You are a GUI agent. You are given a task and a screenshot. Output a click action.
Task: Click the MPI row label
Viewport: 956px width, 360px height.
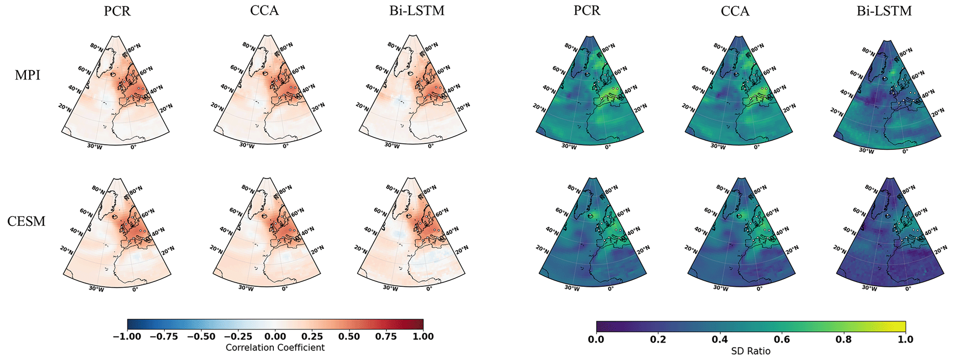(x=27, y=75)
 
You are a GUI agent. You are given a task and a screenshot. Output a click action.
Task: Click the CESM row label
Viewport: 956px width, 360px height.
(x=26, y=221)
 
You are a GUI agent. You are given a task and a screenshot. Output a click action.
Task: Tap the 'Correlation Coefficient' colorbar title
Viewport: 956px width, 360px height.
(x=275, y=347)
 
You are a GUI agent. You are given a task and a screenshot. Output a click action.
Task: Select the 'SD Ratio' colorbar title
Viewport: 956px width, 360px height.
(x=751, y=351)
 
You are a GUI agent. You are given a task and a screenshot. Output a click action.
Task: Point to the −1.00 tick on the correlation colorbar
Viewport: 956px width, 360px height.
(x=127, y=336)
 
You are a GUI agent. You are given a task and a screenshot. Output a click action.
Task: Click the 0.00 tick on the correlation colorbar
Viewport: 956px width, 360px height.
(x=275, y=336)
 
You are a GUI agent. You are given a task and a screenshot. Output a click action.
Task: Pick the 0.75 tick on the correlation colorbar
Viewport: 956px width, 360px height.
(x=386, y=336)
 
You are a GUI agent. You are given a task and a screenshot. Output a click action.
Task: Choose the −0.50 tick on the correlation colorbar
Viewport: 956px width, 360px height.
(x=201, y=336)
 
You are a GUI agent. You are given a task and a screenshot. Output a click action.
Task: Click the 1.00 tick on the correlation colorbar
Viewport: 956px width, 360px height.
(x=423, y=336)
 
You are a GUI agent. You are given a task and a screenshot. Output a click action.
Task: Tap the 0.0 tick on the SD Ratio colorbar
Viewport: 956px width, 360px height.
(x=596, y=340)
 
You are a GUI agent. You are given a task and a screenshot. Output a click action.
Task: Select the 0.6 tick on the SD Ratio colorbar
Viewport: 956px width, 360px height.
(x=782, y=340)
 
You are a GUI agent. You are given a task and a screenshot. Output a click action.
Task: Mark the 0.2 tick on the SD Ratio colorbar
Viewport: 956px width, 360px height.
(x=658, y=340)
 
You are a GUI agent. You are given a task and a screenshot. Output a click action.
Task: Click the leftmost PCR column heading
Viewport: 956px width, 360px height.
(x=117, y=11)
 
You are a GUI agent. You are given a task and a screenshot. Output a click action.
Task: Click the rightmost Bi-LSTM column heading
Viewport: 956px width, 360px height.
(x=884, y=11)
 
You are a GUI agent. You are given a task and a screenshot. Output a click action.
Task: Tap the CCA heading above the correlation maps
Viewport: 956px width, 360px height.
(x=265, y=11)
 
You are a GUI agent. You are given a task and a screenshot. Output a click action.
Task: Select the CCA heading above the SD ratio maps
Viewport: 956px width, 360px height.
(x=735, y=11)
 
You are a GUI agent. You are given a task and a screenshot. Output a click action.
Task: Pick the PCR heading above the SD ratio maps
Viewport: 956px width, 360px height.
(x=587, y=11)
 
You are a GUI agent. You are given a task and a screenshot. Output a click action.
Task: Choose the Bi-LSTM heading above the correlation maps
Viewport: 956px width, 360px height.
(x=417, y=11)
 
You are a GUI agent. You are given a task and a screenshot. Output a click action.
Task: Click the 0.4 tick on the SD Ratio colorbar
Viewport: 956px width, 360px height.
(x=720, y=340)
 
